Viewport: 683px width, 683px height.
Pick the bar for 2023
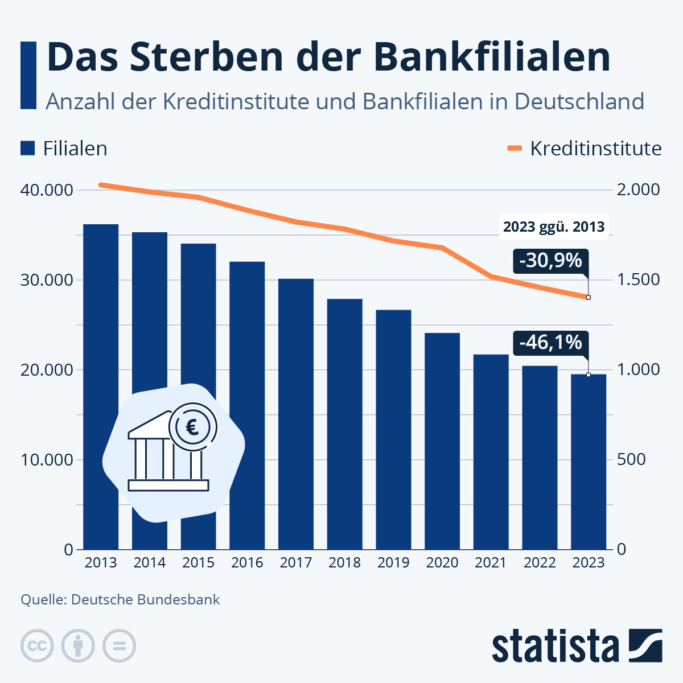(x=589, y=462)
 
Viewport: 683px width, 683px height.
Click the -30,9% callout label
(x=550, y=261)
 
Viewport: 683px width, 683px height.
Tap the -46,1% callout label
(x=550, y=343)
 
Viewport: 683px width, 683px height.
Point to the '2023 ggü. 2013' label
(x=554, y=227)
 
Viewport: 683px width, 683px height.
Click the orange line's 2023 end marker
(x=589, y=297)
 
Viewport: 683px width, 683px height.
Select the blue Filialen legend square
(x=28, y=149)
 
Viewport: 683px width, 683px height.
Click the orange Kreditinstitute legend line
(x=515, y=149)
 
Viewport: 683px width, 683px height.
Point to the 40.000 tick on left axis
(x=47, y=190)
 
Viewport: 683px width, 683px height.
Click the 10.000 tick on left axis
(x=47, y=460)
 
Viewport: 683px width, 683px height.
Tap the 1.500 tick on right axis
(x=639, y=280)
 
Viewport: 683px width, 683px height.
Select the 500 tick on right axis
(x=631, y=460)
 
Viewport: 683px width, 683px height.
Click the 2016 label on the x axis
(x=247, y=563)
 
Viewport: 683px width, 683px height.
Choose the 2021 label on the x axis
(x=491, y=563)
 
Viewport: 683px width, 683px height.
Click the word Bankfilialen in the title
(x=484, y=57)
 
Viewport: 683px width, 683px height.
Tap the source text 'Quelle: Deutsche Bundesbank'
(x=120, y=600)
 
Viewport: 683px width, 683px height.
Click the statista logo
(x=577, y=646)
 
